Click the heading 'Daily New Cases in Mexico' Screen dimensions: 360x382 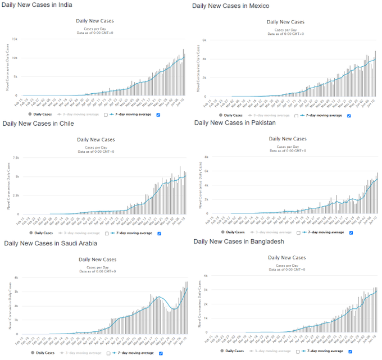pyautogui.click(x=230, y=6)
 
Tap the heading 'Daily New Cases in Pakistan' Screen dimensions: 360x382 pyautogui.click(x=235, y=122)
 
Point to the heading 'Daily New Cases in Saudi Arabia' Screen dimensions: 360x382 pyautogui.click(x=51, y=243)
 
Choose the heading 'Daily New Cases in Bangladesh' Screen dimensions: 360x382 pyautogui.click(x=238, y=241)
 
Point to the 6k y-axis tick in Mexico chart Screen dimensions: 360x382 pyautogui.click(x=206, y=40)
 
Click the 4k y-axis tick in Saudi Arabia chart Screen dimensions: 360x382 pyautogui.click(x=16, y=277)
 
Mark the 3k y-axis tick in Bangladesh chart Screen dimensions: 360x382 pyautogui.click(x=206, y=290)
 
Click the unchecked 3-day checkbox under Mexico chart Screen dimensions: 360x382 pyautogui.click(x=297, y=115)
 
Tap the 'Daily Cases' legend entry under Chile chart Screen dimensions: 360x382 pyautogui.click(x=43, y=233)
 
